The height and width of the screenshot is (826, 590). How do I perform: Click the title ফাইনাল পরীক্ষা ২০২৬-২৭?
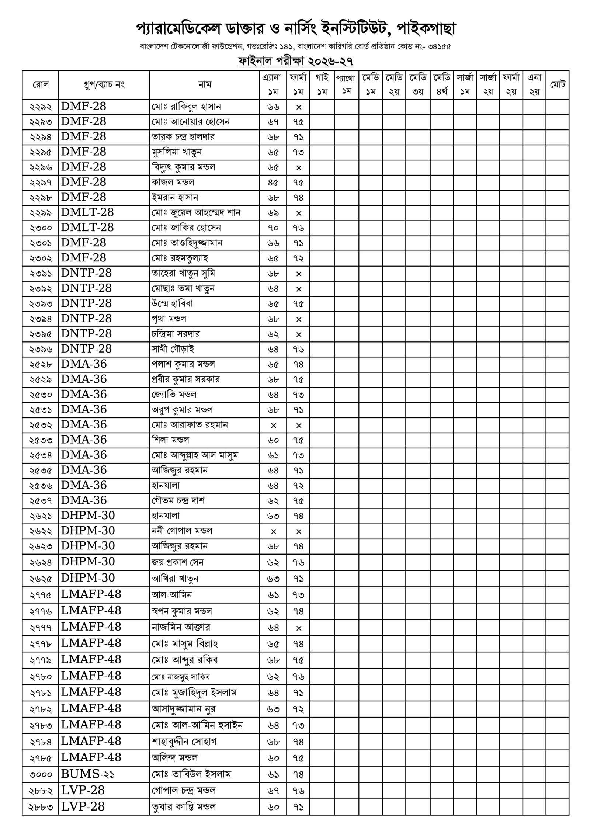click(295, 61)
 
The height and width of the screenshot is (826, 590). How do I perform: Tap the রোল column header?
click(40, 85)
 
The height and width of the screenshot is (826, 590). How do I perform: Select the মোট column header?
click(558, 85)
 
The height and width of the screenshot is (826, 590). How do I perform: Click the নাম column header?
click(204, 85)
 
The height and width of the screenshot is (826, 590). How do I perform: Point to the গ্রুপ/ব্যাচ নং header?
click(104, 85)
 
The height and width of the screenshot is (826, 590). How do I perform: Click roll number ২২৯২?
click(40, 107)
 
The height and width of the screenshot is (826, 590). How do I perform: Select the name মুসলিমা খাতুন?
click(177, 152)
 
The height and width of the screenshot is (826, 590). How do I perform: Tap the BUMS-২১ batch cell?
click(87, 774)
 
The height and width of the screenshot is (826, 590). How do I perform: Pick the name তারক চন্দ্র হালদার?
click(183, 137)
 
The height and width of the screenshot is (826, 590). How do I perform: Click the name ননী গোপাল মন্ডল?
click(182, 531)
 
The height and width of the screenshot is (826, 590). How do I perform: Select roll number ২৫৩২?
click(40, 425)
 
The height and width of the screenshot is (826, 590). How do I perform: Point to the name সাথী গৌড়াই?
click(173, 349)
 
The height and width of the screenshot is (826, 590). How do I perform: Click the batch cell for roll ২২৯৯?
click(87, 213)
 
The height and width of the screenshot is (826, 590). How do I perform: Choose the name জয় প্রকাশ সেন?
click(178, 562)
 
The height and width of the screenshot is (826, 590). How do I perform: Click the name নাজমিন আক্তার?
click(181, 627)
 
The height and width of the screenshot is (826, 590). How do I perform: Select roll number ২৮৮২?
click(40, 790)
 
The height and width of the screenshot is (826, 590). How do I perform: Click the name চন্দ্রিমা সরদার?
click(176, 334)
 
